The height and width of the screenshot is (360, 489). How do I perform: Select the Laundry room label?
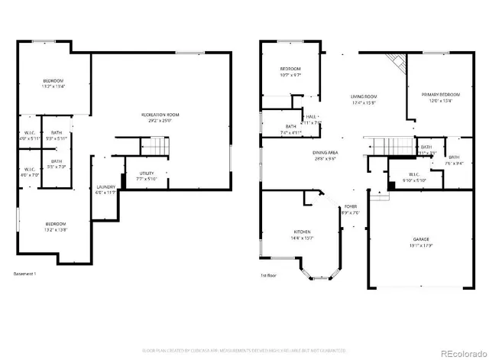point(105,190)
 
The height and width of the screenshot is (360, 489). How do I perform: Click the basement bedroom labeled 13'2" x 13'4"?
point(53,83)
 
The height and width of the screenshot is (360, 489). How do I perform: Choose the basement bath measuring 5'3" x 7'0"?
point(57,164)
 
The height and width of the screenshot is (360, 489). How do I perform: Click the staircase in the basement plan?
point(154,145)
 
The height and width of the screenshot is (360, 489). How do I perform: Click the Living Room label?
point(364,99)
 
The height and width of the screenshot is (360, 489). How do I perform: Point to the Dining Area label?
point(325,156)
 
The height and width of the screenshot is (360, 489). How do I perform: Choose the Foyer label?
point(350,209)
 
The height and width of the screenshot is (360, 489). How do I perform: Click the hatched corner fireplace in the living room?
point(395,63)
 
